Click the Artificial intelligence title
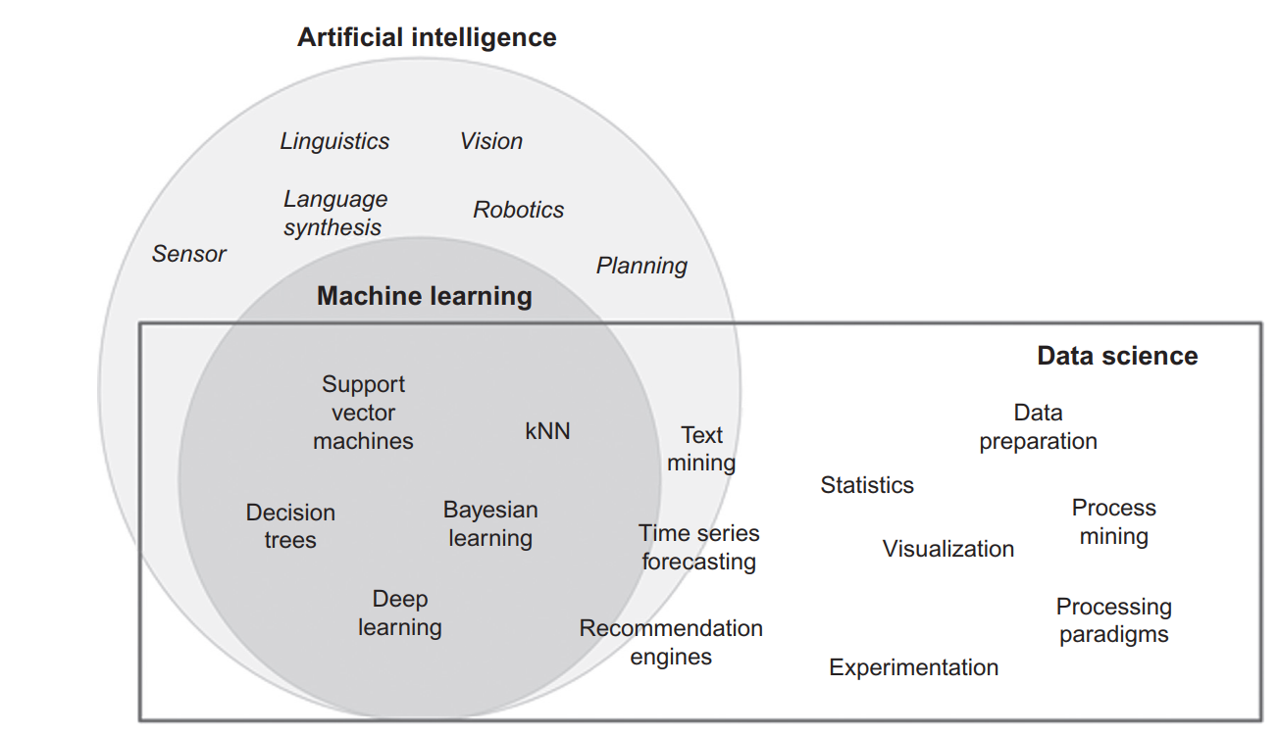point(427,38)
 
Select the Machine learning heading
point(424,296)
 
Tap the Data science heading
point(1117,356)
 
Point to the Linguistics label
point(334,141)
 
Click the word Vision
point(491,141)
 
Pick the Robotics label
point(518,210)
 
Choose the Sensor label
point(188,254)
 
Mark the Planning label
point(641,266)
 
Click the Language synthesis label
point(334,214)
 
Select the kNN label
point(547,431)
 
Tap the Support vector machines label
point(363,413)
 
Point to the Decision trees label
point(290,526)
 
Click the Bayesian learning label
point(490,524)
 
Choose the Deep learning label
point(400,613)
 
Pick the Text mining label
point(701,449)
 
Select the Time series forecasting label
point(698,548)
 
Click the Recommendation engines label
point(671,643)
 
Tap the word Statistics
point(867,485)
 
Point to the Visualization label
point(947,549)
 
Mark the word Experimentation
point(913,668)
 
